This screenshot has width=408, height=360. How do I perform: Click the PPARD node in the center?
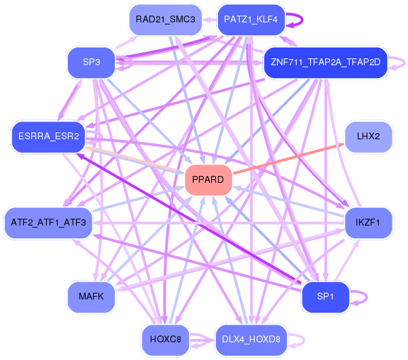pos(208,180)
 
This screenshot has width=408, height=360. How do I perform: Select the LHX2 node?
pos(368,137)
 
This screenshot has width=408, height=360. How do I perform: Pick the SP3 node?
pos(92,63)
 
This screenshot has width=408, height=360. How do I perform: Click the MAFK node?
pos(91,297)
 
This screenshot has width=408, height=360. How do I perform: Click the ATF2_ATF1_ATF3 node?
pos(48,222)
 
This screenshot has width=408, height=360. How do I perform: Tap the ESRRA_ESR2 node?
pos(48,137)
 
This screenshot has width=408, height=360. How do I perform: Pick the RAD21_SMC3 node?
pos(165,20)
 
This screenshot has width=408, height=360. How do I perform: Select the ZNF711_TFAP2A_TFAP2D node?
pos(324,62)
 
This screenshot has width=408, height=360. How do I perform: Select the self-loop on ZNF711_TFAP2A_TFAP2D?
pos(404,62)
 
